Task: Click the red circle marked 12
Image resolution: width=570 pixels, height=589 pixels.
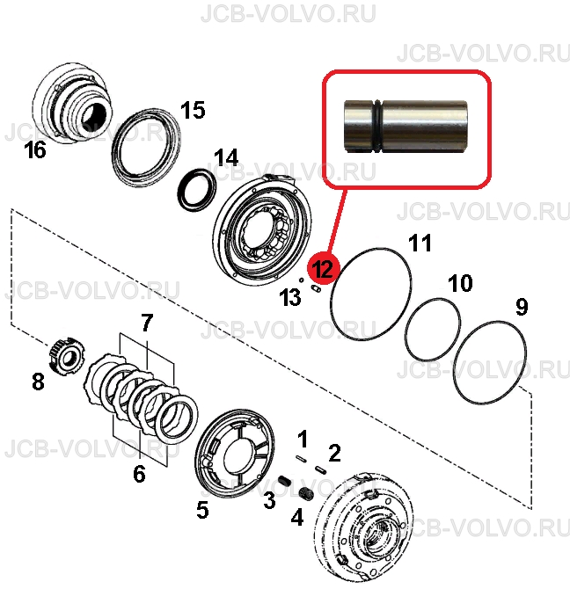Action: pyautogui.click(x=323, y=268)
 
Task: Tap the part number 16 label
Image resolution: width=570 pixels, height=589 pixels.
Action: pyautogui.click(x=35, y=149)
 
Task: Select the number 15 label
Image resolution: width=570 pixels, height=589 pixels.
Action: pyautogui.click(x=193, y=110)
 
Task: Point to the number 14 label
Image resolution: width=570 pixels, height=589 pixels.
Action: pyautogui.click(x=226, y=157)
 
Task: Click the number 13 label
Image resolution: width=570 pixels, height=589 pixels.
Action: pyautogui.click(x=290, y=298)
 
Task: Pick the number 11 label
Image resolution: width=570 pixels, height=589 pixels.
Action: pyautogui.click(x=420, y=243)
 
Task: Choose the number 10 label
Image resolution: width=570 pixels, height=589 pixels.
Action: pyautogui.click(x=461, y=283)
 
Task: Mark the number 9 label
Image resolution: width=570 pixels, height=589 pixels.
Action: pyautogui.click(x=522, y=307)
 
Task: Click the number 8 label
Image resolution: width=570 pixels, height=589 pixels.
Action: pyautogui.click(x=38, y=382)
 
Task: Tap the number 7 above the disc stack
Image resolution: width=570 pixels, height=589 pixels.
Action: pyautogui.click(x=147, y=323)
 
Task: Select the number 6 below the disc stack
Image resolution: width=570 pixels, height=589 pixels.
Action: pyautogui.click(x=139, y=474)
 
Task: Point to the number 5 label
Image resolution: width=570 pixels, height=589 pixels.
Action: pyautogui.click(x=202, y=510)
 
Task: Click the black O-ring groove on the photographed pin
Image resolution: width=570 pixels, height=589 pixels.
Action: pyautogui.click(x=377, y=127)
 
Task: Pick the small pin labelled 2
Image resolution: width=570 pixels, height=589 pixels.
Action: pyautogui.click(x=320, y=469)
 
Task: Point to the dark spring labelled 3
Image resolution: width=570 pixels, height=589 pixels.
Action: pyautogui.click(x=285, y=481)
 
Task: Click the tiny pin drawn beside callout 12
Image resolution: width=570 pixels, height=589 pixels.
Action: pyautogui.click(x=316, y=288)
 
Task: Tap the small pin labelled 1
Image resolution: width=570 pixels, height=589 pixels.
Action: pyautogui.click(x=302, y=459)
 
